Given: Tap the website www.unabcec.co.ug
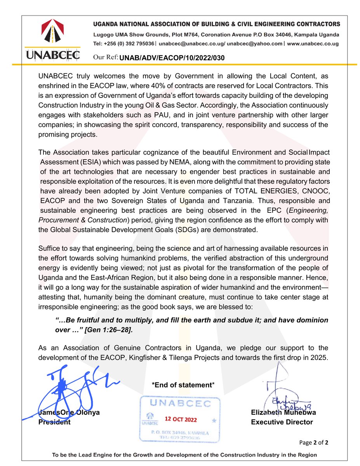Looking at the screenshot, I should tap(313, 44).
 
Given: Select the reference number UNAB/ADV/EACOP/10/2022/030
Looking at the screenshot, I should tap(172, 58).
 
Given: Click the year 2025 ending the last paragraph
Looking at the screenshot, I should tap(321, 358).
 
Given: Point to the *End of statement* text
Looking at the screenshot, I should tap(183, 385).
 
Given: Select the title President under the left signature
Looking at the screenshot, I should tap(54, 422).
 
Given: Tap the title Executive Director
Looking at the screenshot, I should tap(282, 422).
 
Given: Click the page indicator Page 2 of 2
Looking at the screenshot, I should tap(314, 443).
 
